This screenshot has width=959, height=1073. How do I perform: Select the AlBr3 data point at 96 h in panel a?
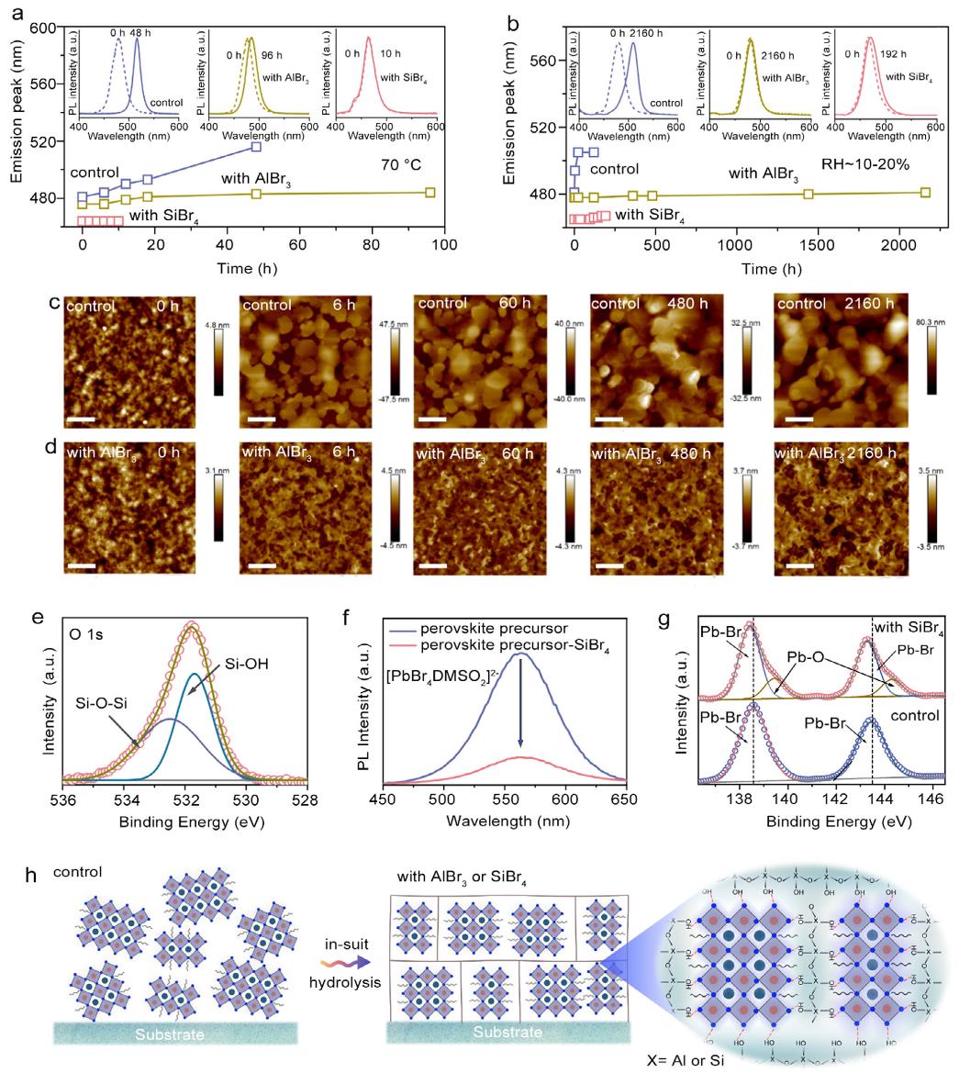click(430, 192)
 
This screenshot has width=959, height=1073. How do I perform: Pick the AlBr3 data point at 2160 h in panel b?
click(925, 192)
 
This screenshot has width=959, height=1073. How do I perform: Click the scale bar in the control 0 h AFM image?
click(81, 419)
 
